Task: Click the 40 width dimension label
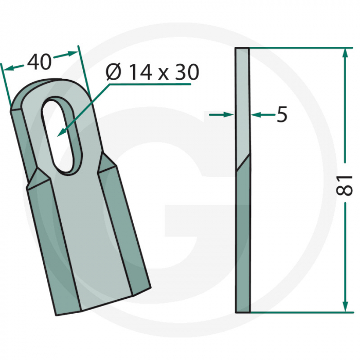[x=39, y=62]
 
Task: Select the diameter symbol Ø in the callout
[x=113, y=73]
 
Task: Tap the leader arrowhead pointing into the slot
[x=61, y=132]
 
